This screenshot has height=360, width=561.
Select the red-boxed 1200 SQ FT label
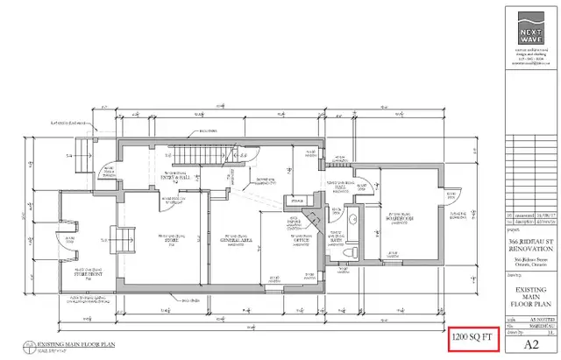point(473,336)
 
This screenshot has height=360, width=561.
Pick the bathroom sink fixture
point(353,218)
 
